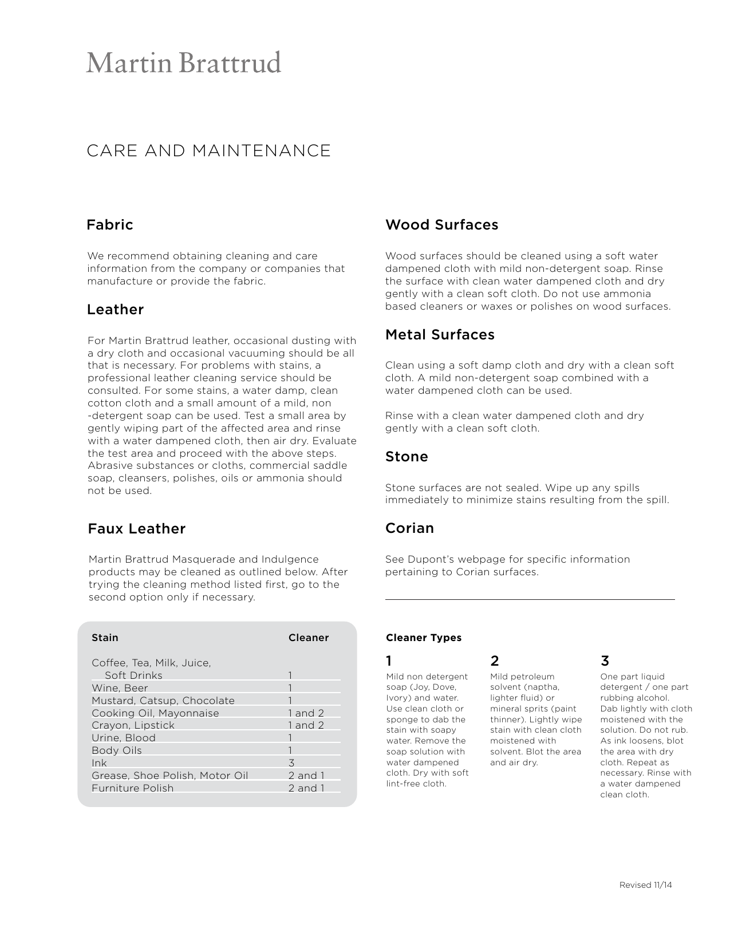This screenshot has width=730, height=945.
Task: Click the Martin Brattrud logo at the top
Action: point(183,63)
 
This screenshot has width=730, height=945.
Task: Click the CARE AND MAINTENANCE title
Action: point(208,151)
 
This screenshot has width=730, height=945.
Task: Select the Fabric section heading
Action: point(109,224)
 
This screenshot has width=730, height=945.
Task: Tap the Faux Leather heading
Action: point(136,528)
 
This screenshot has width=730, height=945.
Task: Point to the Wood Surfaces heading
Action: point(441,224)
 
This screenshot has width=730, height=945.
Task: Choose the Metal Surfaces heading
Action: point(440,334)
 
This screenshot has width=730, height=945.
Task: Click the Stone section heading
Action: point(407,456)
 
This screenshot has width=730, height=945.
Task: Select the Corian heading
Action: point(409,528)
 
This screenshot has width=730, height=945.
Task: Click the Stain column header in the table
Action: point(105,638)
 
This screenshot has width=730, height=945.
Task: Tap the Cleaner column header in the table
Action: point(308,638)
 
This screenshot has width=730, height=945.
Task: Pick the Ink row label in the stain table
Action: point(99,763)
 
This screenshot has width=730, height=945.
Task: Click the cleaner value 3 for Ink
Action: point(291,763)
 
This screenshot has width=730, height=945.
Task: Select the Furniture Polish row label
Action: point(132,788)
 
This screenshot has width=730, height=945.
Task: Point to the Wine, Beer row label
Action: point(120,688)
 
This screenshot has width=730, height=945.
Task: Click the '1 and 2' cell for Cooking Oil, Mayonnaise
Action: point(306,713)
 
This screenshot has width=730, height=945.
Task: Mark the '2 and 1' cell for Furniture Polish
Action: point(306,788)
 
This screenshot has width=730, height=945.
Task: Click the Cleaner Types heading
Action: point(423,638)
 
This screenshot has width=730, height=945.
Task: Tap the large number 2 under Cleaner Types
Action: point(495,661)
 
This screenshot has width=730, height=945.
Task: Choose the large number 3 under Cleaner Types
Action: point(605,661)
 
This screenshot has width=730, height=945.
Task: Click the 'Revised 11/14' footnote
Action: point(645,885)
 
